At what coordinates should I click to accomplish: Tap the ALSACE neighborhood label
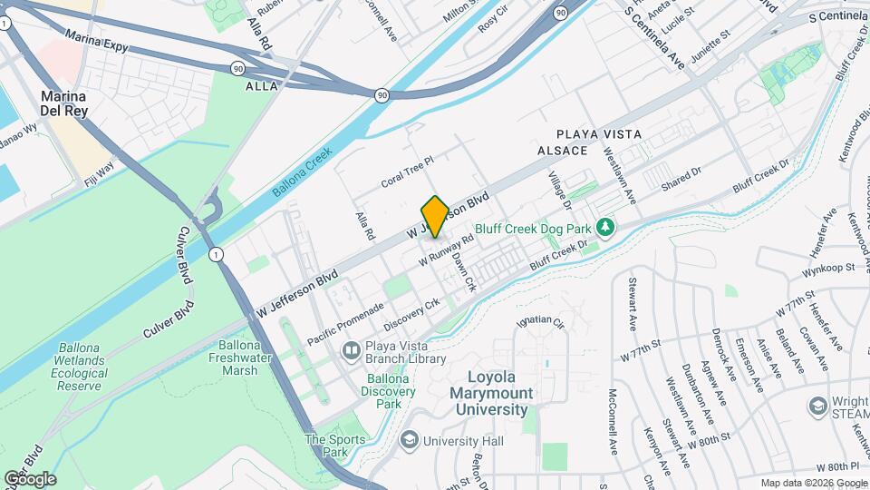tap(556, 151)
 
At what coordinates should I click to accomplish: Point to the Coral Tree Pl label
tap(408, 170)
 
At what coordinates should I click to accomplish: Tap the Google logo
tap(29, 478)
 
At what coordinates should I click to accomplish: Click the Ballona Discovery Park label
tap(390, 390)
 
